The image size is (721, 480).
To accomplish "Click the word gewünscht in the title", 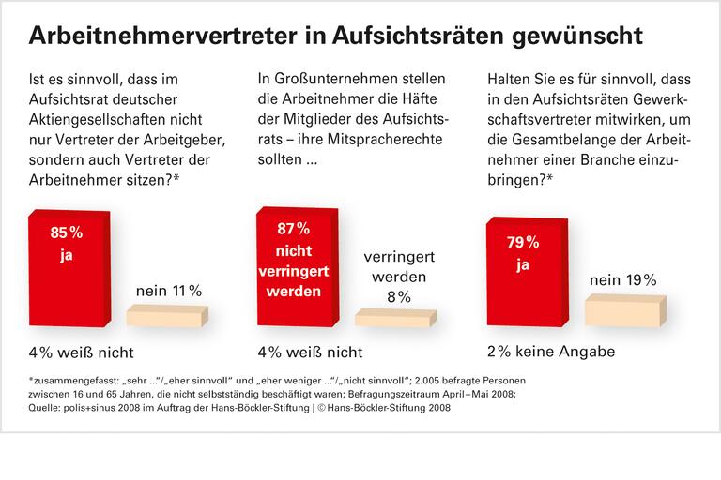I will click(578, 36).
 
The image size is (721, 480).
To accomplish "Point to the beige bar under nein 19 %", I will click(625, 312).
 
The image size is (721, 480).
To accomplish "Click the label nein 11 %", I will click(169, 291).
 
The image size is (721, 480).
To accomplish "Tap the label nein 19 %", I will click(622, 279).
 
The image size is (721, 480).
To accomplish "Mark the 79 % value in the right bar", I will click(524, 243).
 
